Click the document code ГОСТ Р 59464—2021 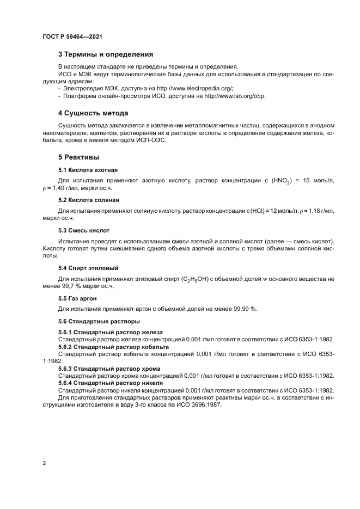pyautogui.click(x=72, y=36)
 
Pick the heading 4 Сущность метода pyautogui.click(x=93, y=113)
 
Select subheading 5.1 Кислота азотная pyautogui.click(x=88, y=170)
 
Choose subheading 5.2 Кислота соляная pyautogui.click(x=88, y=200)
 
